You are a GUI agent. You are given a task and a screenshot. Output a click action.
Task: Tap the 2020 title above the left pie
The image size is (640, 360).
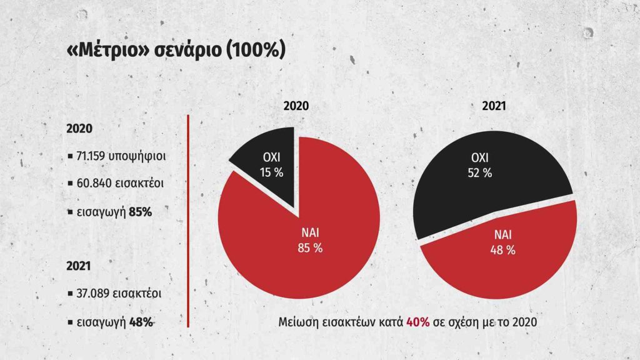point(296,106)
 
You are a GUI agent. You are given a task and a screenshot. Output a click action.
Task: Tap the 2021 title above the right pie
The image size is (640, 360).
point(494,106)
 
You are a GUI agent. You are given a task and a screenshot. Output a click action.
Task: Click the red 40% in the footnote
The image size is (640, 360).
point(417,322)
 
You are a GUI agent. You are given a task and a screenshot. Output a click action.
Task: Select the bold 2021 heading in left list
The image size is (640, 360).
point(79,266)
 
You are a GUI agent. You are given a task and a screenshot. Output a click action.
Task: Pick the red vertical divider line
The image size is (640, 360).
point(189,219)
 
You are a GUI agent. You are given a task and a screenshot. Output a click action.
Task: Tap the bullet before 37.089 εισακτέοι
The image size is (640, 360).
point(69,293)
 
